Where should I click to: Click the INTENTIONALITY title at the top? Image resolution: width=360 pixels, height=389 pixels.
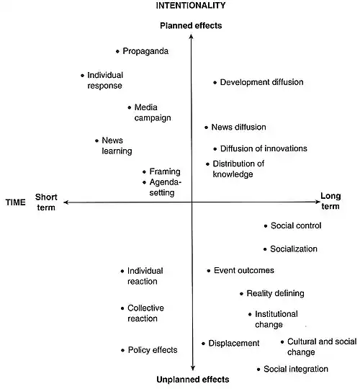pos(191,6)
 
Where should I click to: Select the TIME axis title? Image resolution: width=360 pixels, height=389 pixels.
pos(16,202)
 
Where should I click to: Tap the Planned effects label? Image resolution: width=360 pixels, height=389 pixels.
pos(191,25)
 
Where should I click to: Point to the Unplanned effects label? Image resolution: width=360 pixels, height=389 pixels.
pos(193,380)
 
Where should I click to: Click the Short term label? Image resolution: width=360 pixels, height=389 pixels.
pos(46,202)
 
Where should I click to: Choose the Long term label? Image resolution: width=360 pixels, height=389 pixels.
pos(330,201)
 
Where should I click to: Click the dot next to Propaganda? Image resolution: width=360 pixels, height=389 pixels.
pos(117,52)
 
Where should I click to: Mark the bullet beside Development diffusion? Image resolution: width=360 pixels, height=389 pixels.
pos(215,83)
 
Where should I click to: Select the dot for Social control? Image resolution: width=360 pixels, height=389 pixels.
pos(266,226)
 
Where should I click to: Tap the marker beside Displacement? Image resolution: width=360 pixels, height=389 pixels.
pos(203,344)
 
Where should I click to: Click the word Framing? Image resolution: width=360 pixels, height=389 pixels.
pos(165,171)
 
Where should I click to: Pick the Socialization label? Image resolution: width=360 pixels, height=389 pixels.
pos(294,249)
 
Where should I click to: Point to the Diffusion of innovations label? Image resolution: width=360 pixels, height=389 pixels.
pos(264,148)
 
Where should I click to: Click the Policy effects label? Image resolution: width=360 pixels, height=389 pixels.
pos(153,350)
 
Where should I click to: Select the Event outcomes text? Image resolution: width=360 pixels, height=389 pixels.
pos(244,270)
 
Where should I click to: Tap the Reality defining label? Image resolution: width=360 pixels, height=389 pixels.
pos(276,293)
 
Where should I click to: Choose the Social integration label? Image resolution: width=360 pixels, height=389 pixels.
pos(296,369)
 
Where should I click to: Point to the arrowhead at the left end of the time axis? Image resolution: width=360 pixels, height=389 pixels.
pos(65,202)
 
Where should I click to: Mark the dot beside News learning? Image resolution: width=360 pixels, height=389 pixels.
pos(96,140)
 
